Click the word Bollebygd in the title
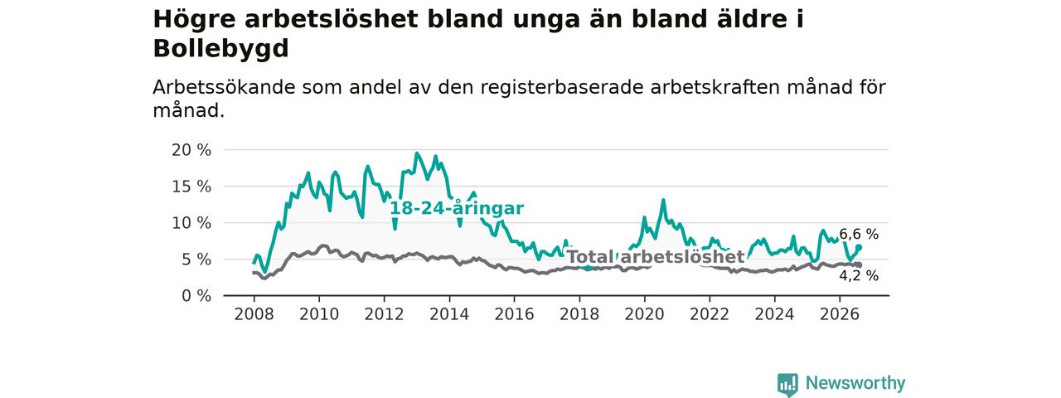pos(220,49)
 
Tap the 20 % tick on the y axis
pos(191,150)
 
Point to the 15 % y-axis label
pos(191,187)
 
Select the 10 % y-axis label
pos(191,223)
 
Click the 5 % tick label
pos(197,260)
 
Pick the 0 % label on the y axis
pos(197,296)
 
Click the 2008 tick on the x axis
pos(254,314)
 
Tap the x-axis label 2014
pos(449,314)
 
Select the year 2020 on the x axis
pos(644,314)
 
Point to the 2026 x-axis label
pos(840,314)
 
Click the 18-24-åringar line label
pos(457,208)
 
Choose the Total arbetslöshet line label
pos(656,257)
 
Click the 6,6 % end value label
pos(859,234)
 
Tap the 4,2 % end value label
pos(859,276)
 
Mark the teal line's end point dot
pos(859,247)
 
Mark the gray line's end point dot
pos(859,265)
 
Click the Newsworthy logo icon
pos(787,384)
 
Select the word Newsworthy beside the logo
pos(855,383)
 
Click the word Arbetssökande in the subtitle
pos(224,88)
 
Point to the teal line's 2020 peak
pos(663,200)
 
